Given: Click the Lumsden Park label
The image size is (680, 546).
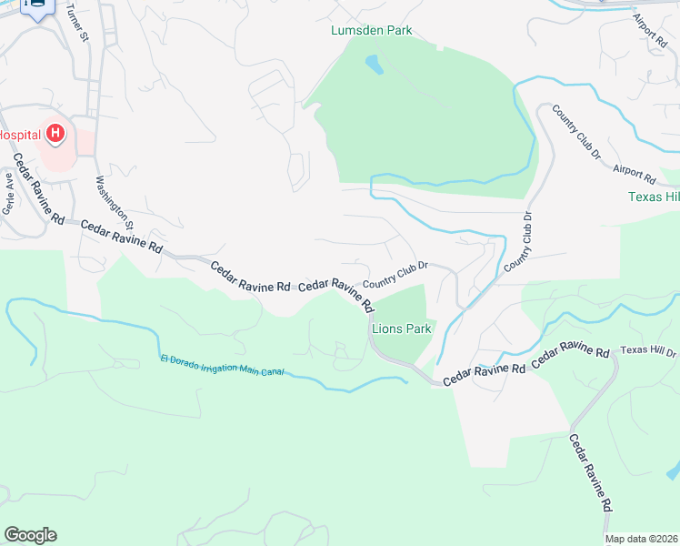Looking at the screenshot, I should [370, 30].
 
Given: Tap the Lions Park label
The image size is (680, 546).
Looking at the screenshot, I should [400, 329].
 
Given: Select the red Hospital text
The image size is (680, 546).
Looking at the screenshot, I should [19, 135].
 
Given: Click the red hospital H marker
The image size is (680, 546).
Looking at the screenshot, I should [55, 134].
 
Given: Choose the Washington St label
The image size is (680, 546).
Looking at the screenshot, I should [115, 201].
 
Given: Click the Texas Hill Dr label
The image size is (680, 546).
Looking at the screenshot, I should [647, 351].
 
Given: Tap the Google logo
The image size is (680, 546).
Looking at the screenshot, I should [30, 535].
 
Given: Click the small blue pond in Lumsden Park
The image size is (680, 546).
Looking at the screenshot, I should [373, 65].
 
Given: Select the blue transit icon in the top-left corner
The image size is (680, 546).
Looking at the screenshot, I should [37, 8].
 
